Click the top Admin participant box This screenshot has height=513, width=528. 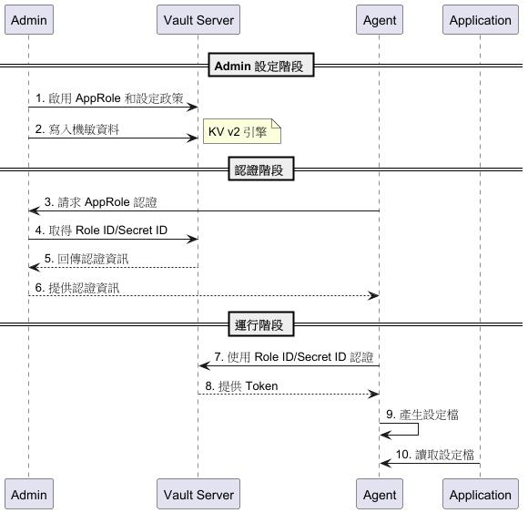click(28, 20)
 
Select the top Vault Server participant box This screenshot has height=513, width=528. click(198, 20)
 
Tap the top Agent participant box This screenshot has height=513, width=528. click(379, 20)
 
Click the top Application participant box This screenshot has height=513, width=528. click(480, 20)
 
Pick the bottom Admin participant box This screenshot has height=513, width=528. click(28, 495)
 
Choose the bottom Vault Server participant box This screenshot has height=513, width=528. click(198, 495)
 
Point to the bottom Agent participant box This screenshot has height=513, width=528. click(379, 495)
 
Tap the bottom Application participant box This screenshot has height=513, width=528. click(480, 495)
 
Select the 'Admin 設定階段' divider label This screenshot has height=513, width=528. click(261, 66)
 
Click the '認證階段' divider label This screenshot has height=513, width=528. click(261, 169)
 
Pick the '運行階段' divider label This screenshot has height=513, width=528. click(261, 324)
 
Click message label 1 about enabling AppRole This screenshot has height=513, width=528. click(109, 97)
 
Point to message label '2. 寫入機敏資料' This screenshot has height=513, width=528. click(77, 129)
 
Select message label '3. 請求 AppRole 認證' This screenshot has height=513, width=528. click(106, 201)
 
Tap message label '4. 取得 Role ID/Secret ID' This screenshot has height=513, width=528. click(101, 230)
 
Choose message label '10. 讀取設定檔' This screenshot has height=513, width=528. click(434, 455)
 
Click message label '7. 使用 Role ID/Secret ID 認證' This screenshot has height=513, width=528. click(293, 357)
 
